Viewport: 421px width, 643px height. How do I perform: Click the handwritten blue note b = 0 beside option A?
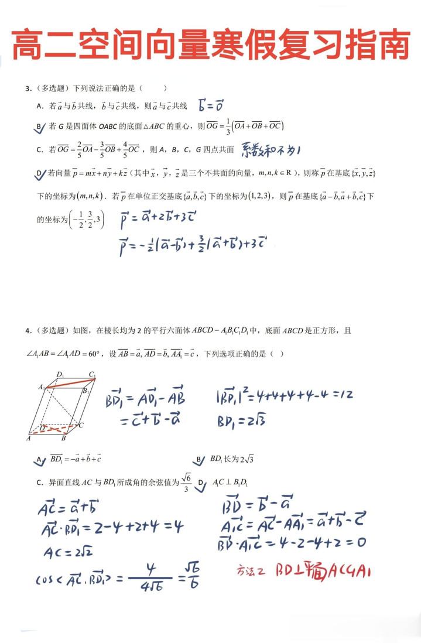coord(211,106)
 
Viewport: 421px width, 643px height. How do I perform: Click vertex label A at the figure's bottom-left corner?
coord(29,438)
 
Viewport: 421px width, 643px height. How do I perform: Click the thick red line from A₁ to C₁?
coord(67,382)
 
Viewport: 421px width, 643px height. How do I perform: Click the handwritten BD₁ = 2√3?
coord(241,420)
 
